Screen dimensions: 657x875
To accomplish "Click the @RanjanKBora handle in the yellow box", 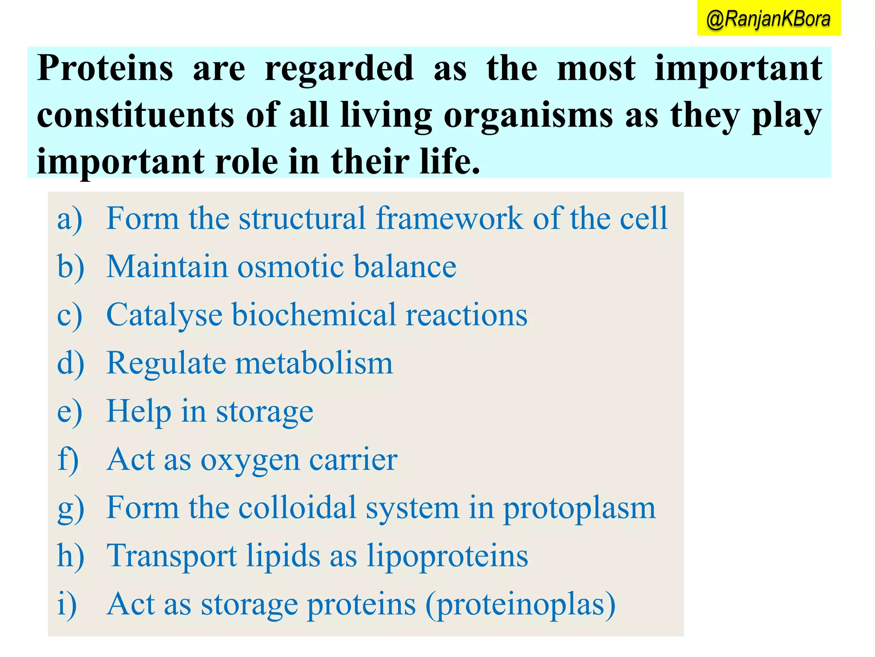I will click(768, 19).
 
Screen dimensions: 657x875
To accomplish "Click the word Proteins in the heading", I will click(105, 68).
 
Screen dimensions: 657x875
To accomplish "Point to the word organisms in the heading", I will click(529, 116).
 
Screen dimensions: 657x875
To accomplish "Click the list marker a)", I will click(70, 219).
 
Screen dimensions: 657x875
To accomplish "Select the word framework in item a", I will click(449, 218).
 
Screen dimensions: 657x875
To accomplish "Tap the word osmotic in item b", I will click(291, 266).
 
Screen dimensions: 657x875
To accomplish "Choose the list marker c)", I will click(69, 316).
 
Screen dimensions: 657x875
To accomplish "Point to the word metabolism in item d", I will click(314, 363).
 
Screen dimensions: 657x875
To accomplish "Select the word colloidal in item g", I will click(297, 508).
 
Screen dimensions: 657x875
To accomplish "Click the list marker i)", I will click(67, 604).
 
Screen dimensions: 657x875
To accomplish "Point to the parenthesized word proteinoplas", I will click(520, 605).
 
